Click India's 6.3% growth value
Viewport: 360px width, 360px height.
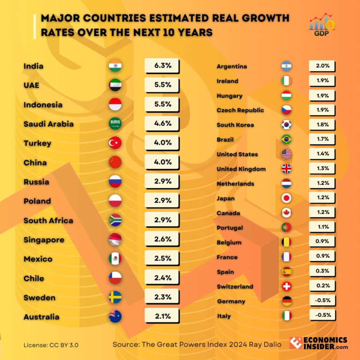click(x=162, y=66)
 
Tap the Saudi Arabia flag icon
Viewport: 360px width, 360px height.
click(x=115, y=124)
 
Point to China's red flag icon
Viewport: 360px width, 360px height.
click(x=115, y=163)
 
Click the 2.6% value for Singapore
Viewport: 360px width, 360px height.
click(x=162, y=240)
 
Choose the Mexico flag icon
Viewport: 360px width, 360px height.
click(x=115, y=259)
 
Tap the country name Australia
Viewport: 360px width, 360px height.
click(x=41, y=317)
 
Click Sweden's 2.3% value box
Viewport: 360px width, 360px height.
click(x=162, y=297)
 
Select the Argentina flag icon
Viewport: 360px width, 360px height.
click(x=286, y=67)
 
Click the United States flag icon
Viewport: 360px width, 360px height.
click(x=286, y=154)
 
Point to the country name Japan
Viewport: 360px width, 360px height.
click(x=225, y=198)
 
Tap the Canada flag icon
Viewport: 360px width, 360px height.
click(x=286, y=213)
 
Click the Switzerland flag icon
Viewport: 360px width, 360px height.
click(x=286, y=286)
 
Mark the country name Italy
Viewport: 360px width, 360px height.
click(x=224, y=316)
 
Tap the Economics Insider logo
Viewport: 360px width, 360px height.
click(x=318, y=343)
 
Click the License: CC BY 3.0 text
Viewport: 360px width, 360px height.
click(x=51, y=345)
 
